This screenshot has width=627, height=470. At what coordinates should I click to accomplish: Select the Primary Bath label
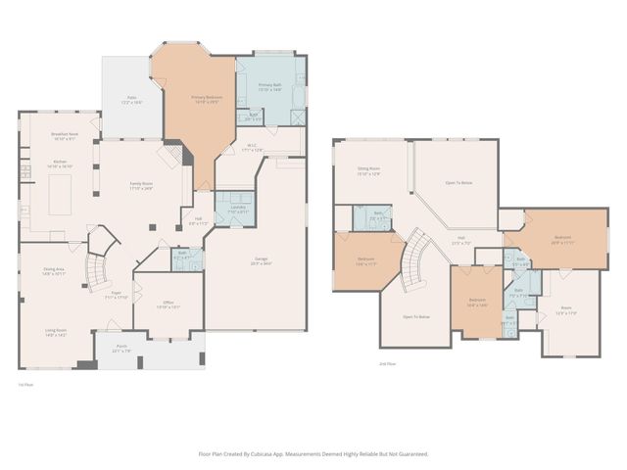[x=270, y=87]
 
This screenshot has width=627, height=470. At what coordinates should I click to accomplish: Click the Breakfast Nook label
[x=59, y=136]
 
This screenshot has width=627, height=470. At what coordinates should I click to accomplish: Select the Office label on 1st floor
[x=169, y=305]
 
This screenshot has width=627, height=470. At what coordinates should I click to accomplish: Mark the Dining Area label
[x=54, y=271]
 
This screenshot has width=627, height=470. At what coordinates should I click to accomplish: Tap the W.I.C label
[x=252, y=148]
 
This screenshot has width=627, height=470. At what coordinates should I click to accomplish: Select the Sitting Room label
[x=368, y=171]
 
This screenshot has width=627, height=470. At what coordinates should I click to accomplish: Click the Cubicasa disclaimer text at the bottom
[x=313, y=454]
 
